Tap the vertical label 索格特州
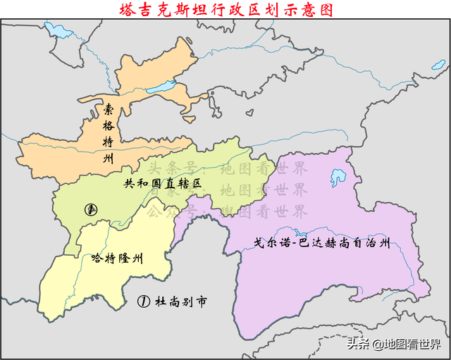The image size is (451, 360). click(108, 134)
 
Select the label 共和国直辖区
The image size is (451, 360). click(162, 183)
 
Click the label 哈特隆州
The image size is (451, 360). click(117, 259)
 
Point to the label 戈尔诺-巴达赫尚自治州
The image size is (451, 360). click(321, 244)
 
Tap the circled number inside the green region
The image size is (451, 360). click(89, 209)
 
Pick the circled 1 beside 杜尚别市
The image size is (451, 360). click(143, 302)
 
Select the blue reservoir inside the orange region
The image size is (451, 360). click(163, 88)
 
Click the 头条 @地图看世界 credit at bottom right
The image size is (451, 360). click(391, 344)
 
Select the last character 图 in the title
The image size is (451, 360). click(325, 9)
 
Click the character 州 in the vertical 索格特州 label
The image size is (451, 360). click(108, 159)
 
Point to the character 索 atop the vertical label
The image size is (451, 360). click(108, 109)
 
